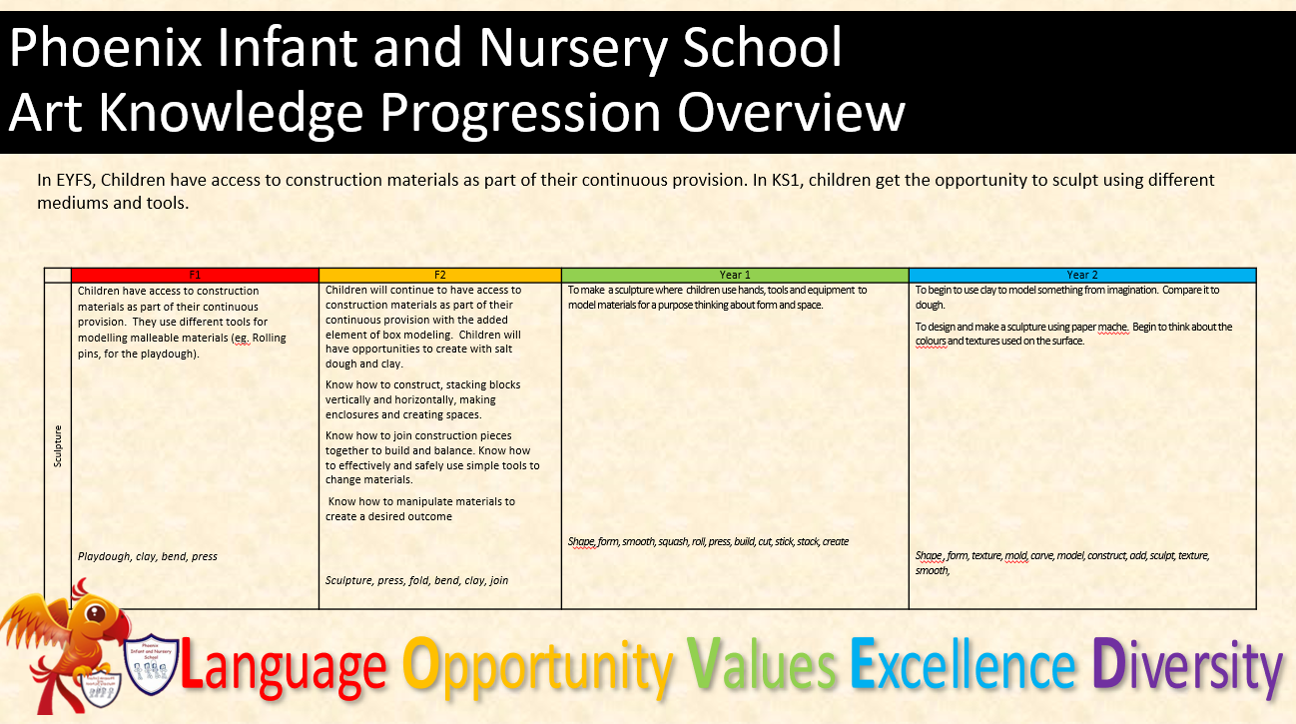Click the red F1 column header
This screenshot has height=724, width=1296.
(195, 275)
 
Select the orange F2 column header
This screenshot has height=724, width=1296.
(439, 275)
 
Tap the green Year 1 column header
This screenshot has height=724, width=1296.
(735, 275)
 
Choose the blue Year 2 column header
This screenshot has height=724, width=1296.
(1082, 275)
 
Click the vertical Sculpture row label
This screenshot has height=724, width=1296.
(57, 445)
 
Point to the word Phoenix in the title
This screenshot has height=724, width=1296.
(105, 48)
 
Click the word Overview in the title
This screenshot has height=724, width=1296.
(791, 112)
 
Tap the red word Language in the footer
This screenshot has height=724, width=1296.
(284, 667)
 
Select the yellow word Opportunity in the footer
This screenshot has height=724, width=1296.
(538, 667)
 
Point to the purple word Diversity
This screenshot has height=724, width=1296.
(1187, 667)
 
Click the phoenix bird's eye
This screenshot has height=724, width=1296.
(96, 613)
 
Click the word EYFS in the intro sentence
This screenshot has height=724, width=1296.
(74, 180)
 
